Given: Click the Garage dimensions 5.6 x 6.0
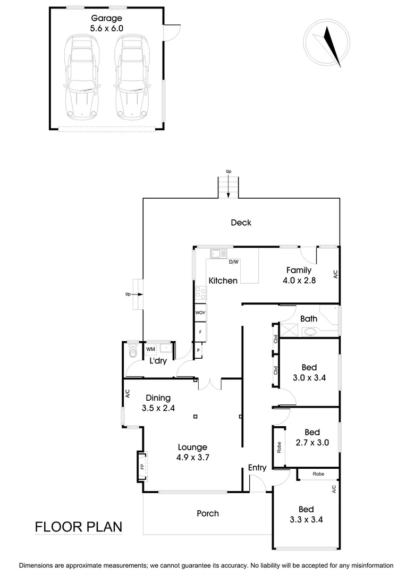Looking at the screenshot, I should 105,29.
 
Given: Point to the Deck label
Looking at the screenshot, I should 241,223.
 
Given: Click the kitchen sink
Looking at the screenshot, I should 218,254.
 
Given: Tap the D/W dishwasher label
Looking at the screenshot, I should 233,262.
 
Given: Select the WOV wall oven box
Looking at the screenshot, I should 200,313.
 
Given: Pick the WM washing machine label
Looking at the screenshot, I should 150,349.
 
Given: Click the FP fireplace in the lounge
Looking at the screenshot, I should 142,466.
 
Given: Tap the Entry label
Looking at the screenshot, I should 257,468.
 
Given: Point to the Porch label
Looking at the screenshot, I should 208,513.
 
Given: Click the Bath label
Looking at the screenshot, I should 309,319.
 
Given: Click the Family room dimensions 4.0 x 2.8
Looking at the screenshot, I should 299,281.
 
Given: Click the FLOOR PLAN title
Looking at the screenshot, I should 78,527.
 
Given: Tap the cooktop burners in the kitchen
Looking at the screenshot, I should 200,292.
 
